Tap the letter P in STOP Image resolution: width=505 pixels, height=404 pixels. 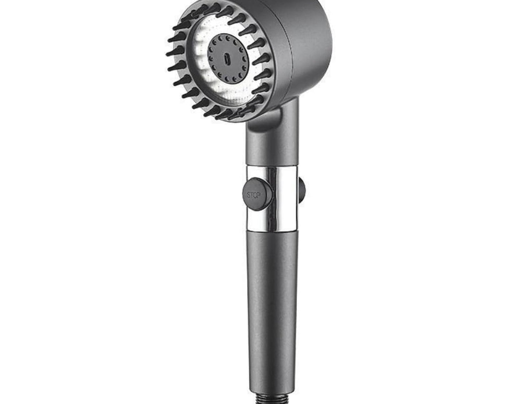coord(259,195)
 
